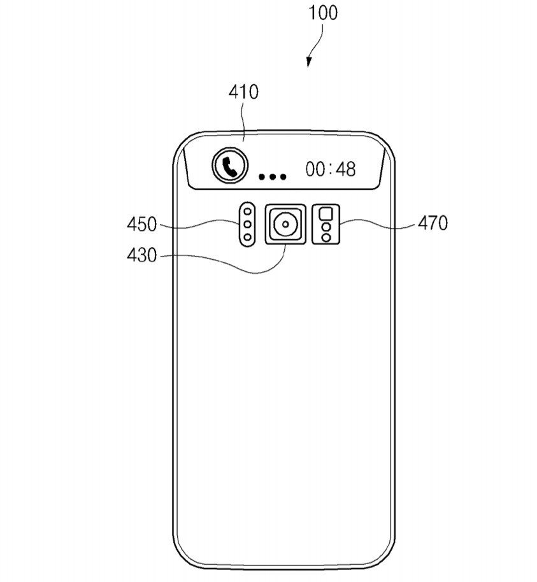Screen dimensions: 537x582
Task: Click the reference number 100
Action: coord(323,13)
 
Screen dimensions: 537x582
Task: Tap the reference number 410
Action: coord(243,92)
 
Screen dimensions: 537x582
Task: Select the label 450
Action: coord(141,225)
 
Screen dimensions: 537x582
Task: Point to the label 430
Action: coord(141,255)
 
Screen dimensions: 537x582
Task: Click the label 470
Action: coord(433,223)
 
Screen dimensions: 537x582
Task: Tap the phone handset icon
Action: coord(230,166)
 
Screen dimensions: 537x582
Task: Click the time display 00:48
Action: coord(331,169)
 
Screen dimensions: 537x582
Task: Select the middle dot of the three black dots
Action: coord(273,176)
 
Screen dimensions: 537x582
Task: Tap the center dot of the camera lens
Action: coord(285,224)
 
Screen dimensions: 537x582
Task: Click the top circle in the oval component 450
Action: coord(247,211)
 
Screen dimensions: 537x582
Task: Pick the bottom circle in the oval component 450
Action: coord(247,237)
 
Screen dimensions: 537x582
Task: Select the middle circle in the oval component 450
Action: coord(247,224)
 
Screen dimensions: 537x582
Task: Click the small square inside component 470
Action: coord(326,213)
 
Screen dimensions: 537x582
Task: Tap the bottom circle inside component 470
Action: coord(326,238)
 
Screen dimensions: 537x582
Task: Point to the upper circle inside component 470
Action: coord(326,227)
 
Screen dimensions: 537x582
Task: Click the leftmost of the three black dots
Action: coord(262,176)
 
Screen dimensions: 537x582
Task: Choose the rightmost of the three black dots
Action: coord(283,176)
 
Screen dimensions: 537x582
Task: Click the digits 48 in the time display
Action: coord(346,169)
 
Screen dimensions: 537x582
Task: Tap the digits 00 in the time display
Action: coord(316,169)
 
